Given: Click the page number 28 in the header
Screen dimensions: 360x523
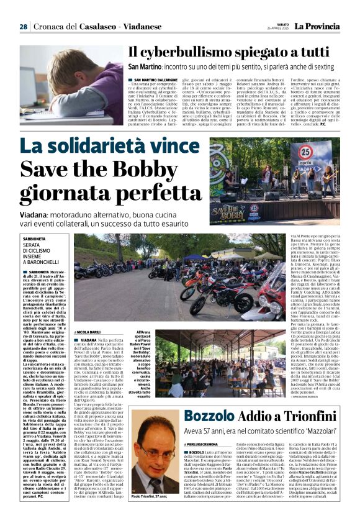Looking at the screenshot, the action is tap(24, 27).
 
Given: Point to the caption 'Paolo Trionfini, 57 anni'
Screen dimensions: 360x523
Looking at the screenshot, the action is tap(153, 514).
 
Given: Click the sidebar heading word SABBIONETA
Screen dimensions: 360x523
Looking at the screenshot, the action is tap(38, 239).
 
